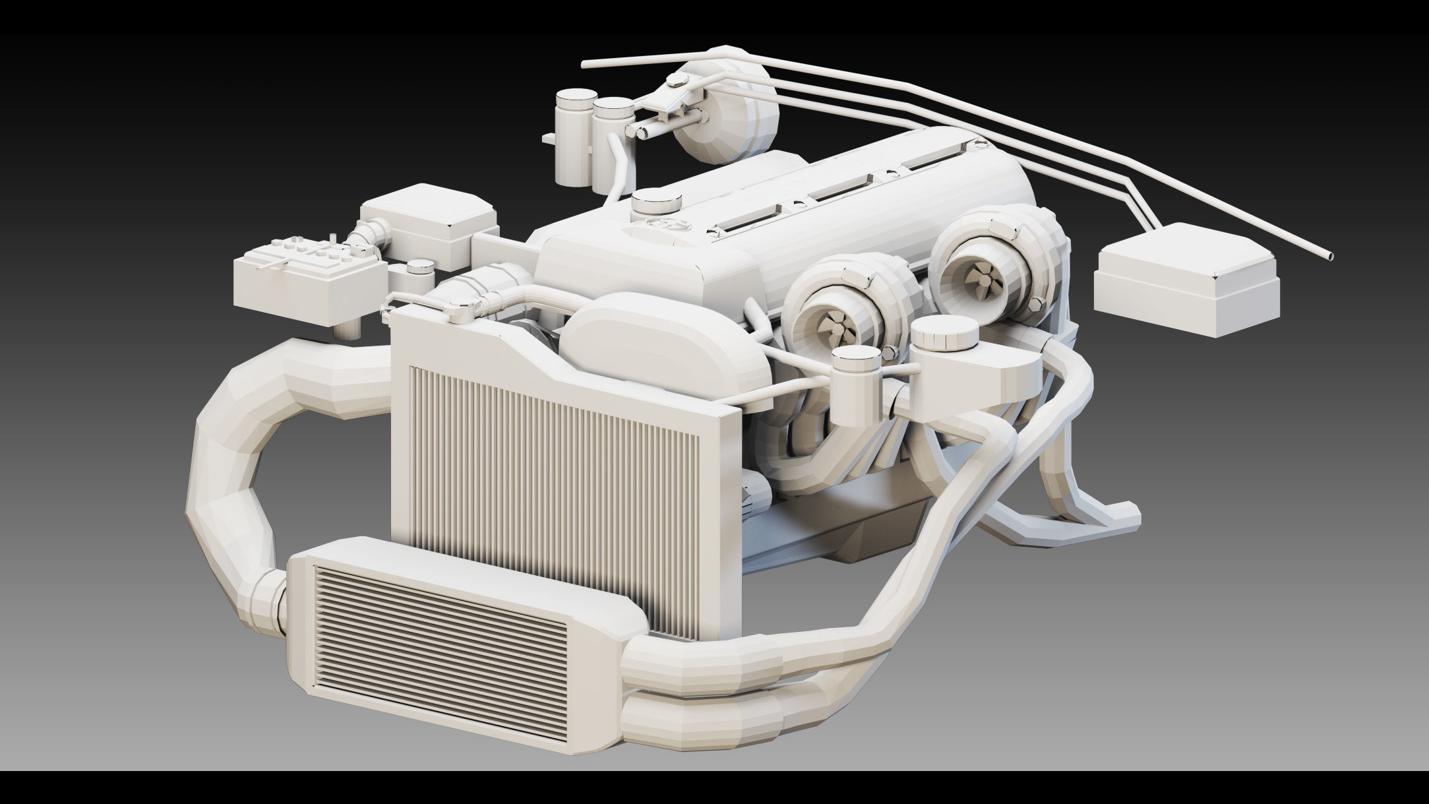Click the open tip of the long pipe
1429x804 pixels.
pos(1328,256)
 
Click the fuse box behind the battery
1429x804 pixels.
pos(429,224)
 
